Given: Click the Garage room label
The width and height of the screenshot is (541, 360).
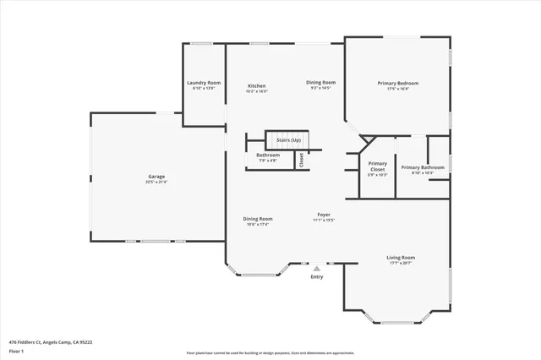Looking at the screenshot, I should [157, 177].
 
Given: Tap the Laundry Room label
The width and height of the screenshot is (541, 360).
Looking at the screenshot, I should [204, 82].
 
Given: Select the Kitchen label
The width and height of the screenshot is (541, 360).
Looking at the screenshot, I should [257, 86].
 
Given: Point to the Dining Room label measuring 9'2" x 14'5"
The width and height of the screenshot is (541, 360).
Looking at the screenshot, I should [321, 82].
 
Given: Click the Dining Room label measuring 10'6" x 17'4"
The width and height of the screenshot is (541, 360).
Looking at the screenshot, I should [258, 218].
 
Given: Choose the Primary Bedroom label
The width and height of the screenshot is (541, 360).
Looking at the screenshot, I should [398, 83].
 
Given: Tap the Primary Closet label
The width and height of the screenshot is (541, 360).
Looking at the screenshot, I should [378, 166].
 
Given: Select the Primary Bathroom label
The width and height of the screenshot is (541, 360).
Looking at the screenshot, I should [422, 167].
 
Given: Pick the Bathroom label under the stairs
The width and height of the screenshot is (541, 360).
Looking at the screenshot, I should [268, 155].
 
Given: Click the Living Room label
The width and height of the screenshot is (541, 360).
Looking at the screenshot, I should [401, 258].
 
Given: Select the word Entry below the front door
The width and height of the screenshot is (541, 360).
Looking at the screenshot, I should [317, 277].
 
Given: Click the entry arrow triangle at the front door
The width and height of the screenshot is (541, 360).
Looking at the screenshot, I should [317, 268].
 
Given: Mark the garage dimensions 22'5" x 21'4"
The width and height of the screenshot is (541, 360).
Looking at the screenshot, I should [157, 182].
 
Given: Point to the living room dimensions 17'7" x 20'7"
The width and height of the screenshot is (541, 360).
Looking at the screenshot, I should [401, 263].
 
